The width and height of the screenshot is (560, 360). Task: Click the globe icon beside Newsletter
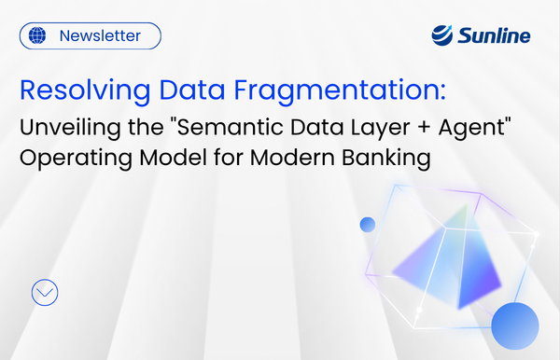click(37, 36)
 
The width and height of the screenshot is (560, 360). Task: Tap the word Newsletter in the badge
click(100, 36)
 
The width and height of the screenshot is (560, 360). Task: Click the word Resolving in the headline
click(74, 91)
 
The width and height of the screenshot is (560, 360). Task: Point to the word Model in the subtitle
click(161, 159)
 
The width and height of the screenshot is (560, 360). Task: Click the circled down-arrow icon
click(45, 292)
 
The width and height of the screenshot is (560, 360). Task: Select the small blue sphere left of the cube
click(367, 225)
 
